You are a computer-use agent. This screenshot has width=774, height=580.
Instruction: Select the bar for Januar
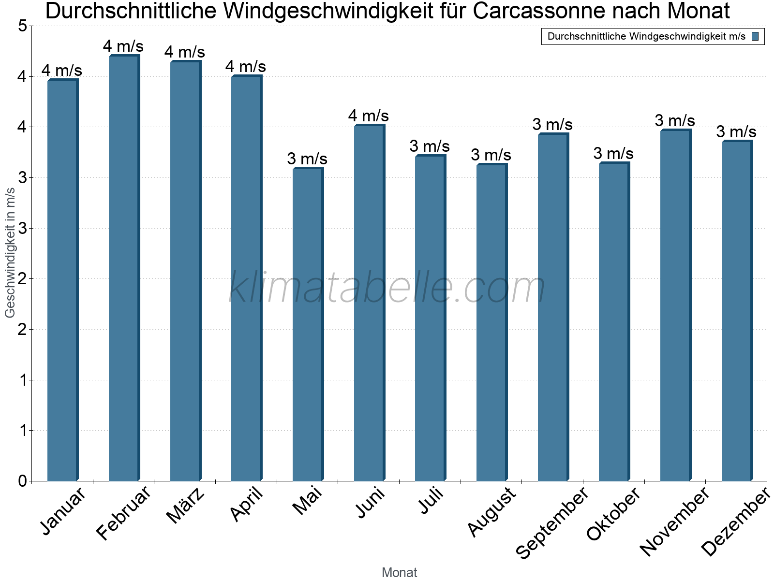click(x=62, y=280)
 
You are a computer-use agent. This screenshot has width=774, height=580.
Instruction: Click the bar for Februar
click(x=123, y=268)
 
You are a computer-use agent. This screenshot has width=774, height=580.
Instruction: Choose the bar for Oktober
click(x=613, y=322)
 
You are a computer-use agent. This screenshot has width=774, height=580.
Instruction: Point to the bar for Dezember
click(x=736, y=311)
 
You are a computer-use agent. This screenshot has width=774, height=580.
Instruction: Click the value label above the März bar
click(x=185, y=52)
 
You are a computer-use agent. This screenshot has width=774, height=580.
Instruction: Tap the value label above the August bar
click(x=491, y=155)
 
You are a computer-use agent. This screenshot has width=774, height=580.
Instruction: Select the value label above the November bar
click(x=675, y=120)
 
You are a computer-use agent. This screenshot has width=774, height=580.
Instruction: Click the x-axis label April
click(x=247, y=505)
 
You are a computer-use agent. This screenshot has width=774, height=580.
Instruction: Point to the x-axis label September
click(x=552, y=522)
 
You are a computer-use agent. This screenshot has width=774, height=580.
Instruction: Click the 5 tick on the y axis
click(x=22, y=26)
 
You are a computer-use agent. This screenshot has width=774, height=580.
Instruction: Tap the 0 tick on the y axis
click(x=22, y=481)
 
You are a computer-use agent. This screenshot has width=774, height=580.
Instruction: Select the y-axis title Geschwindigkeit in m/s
click(x=10, y=252)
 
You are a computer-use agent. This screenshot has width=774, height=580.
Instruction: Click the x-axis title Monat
click(x=399, y=573)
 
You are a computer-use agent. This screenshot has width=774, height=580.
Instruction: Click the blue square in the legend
click(x=755, y=36)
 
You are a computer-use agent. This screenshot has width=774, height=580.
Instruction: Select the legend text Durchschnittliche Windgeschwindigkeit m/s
click(x=646, y=36)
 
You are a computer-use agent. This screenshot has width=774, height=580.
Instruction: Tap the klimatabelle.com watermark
click(x=387, y=288)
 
